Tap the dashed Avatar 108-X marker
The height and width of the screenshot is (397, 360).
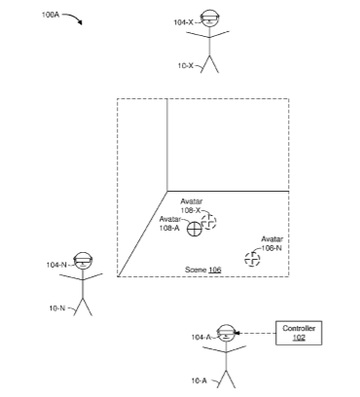point(209,222)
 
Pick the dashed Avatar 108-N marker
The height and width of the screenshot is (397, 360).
point(252,260)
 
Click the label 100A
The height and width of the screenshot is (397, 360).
point(51,15)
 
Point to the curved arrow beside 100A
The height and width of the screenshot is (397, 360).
point(74,17)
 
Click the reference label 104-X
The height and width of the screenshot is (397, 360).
point(183,22)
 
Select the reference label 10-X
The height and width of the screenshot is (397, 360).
point(185,65)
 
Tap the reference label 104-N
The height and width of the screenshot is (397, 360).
point(56,265)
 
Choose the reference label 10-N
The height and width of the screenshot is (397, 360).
point(57,308)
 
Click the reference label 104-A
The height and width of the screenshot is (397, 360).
point(201,338)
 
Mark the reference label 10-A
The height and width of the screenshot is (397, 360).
point(198,380)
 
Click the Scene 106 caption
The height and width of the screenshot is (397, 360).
point(203,270)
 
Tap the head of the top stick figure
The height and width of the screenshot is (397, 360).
point(209,18)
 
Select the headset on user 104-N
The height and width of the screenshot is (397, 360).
point(83,260)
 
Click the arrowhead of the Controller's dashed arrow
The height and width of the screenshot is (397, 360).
point(236,333)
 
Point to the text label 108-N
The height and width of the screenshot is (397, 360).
point(271,248)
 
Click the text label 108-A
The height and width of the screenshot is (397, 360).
point(169,228)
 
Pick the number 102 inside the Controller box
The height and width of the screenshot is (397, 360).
point(299,338)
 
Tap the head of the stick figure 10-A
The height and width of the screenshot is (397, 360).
point(226,333)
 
